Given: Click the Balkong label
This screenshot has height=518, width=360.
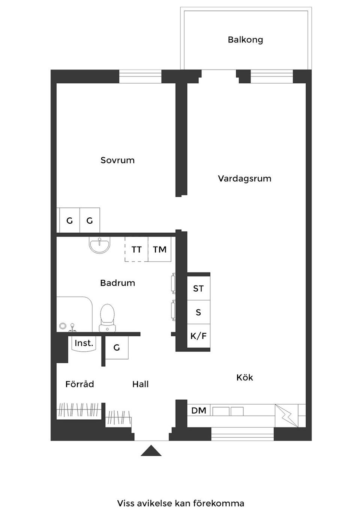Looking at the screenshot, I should click(x=245, y=40).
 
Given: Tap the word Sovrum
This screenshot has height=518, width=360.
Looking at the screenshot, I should click(x=117, y=160).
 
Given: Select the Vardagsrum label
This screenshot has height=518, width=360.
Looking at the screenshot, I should click(x=244, y=178).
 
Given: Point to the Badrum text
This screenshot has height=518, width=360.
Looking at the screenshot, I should click(x=117, y=283).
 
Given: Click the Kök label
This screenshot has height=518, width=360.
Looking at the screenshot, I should click(x=244, y=377).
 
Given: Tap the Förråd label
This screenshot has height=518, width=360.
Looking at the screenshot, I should click(x=79, y=384).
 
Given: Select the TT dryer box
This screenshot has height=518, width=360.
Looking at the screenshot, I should click(x=136, y=249).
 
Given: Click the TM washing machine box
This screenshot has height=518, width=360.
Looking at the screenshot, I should click(x=160, y=249).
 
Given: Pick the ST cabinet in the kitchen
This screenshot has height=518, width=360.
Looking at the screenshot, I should click(x=198, y=288).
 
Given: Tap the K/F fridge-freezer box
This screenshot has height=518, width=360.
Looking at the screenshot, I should click(x=198, y=336).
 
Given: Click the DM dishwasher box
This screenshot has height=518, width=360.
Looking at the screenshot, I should click(x=199, y=410).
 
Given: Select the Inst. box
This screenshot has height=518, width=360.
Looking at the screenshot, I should click(x=84, y=343).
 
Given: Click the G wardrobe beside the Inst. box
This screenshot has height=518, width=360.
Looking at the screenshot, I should click(x=117, y=348).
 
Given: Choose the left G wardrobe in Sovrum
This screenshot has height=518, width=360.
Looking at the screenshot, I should click(x=69, y=221).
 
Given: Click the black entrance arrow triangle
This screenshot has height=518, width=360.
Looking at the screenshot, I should click(x=151, y=451).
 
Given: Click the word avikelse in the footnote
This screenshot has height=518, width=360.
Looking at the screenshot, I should click(x=153, y=503).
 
